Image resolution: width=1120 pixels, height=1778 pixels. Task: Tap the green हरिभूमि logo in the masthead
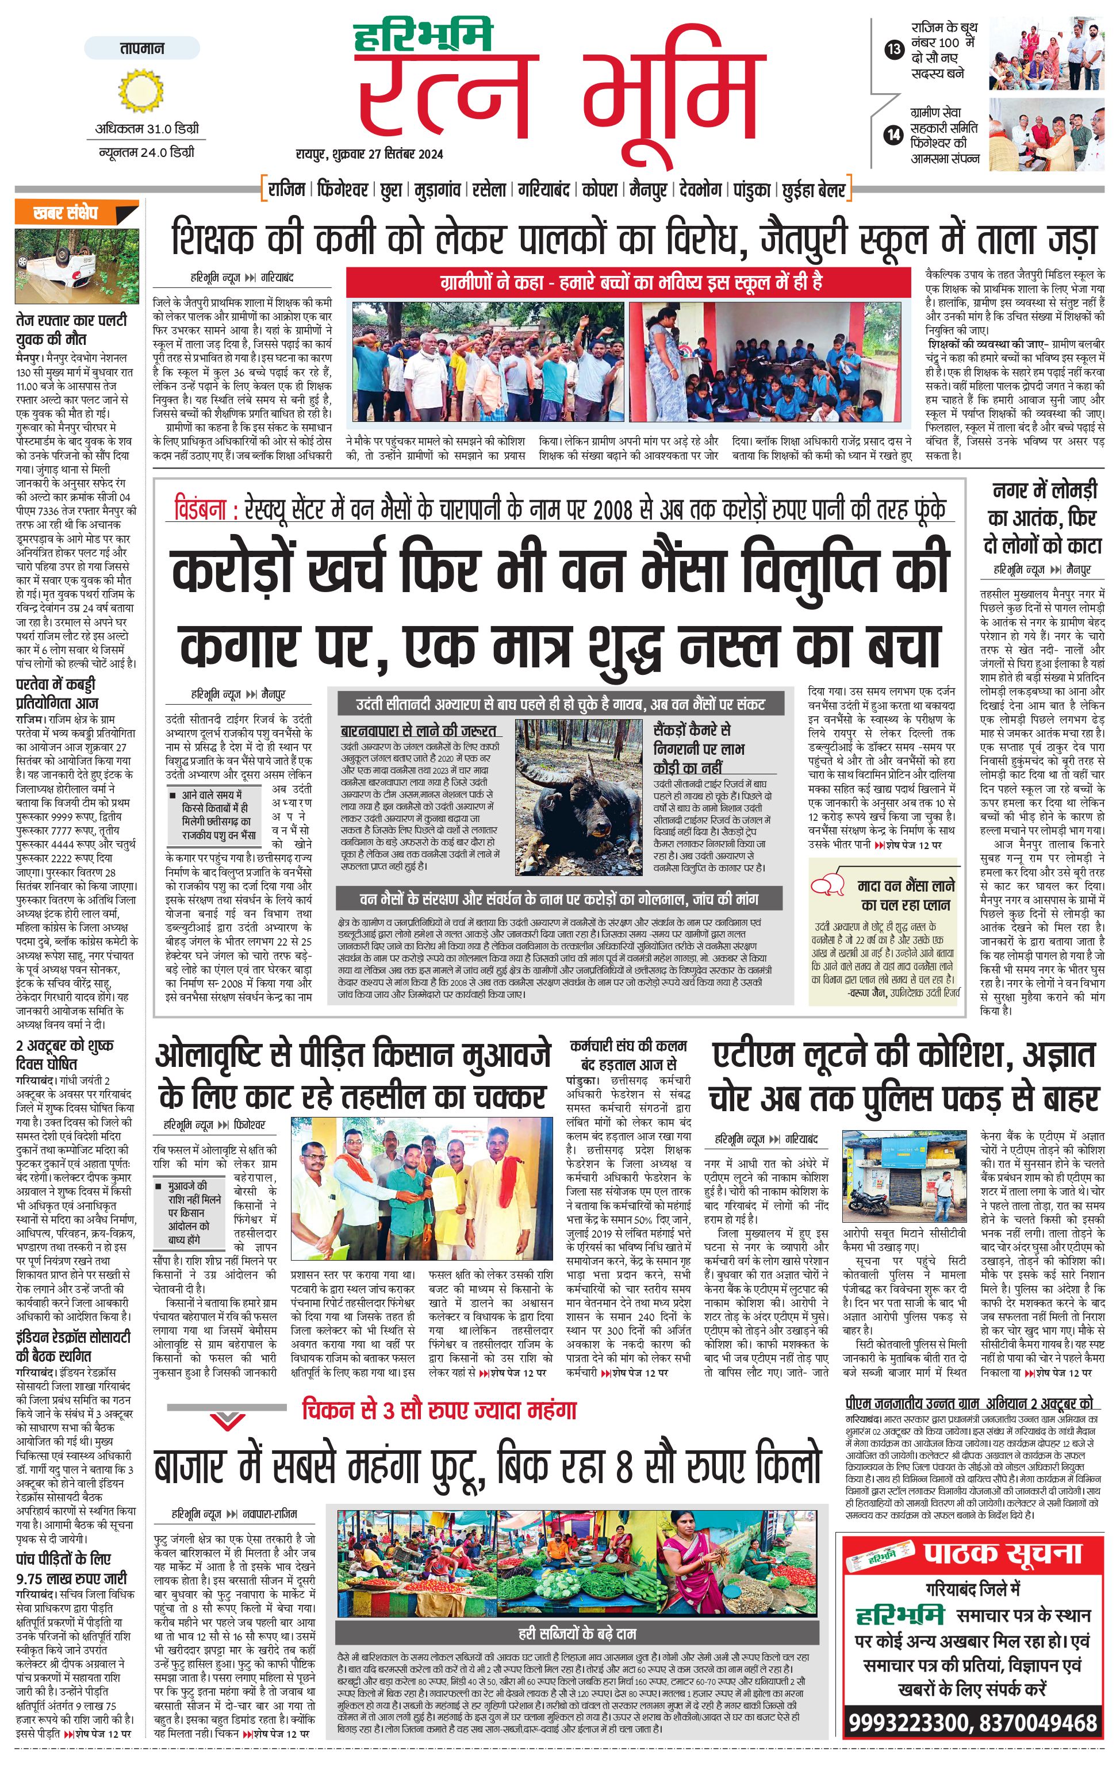point(423,37)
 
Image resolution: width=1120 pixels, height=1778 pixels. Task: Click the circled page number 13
point(893,50)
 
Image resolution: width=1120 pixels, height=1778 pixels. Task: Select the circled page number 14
point(893,135)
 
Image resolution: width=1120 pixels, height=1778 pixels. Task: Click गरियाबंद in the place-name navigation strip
point(542,190)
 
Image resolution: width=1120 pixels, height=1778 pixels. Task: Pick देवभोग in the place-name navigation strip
point(699,190)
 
